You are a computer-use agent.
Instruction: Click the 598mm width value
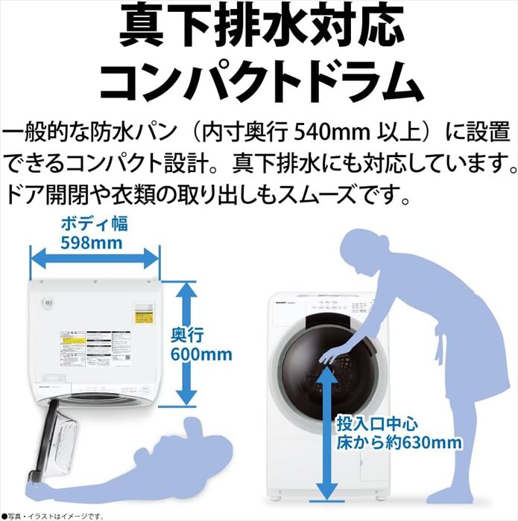[94, 243]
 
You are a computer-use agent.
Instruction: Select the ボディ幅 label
[94, 223]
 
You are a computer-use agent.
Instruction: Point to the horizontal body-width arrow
[94, 260]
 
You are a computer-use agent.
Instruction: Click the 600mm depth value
[201, 354]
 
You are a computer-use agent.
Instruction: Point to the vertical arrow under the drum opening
[325, 432]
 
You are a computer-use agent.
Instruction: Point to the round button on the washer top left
[45, 304]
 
